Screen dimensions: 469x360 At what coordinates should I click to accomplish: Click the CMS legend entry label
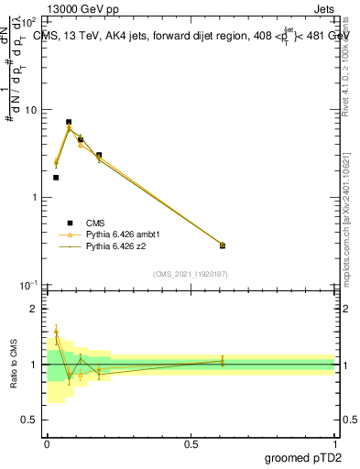(96, 223)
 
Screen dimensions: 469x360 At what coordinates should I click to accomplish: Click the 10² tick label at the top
(30, 22)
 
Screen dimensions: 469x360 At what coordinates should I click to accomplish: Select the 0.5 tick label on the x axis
(191, 444)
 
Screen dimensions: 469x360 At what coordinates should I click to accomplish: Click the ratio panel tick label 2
(36, 310)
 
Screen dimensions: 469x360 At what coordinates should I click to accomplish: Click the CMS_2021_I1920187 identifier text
(191, 274)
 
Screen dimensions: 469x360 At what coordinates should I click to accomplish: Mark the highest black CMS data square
(69, 122)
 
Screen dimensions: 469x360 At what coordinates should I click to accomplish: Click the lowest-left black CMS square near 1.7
(56, 178)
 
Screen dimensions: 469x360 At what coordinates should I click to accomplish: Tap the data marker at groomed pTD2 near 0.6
(223, 245)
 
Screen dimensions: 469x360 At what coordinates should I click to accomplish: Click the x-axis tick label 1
(334, 444)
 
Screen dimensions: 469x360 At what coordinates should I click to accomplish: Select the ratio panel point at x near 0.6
(223, 361)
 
